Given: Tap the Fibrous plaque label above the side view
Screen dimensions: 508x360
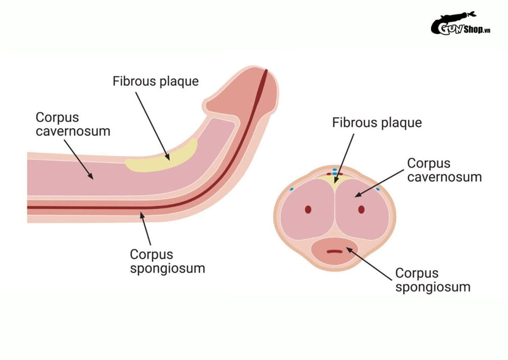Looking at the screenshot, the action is [x=156, y=82].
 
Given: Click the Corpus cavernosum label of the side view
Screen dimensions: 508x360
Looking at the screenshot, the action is [x=73, y=125].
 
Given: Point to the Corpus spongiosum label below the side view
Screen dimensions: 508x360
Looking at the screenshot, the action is [x=167, y=261].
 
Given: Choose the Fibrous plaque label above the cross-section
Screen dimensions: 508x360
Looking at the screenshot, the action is [x=377, y=123].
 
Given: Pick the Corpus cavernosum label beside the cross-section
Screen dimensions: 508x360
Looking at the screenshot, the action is [x=444, y=170].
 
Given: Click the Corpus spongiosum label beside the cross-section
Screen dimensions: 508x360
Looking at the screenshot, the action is [x=433, y=280].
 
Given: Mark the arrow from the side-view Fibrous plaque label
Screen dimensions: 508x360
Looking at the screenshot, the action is [x=153, y=126].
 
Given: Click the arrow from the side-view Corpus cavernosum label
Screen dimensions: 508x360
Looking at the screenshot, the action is [x=79, y=160].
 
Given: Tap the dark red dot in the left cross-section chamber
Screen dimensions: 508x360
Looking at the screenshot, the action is [x=308, y=210].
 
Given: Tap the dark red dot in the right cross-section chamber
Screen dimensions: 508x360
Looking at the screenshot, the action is [x=361, y=210].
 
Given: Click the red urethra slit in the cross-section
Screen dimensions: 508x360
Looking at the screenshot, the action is [x=334, y=251].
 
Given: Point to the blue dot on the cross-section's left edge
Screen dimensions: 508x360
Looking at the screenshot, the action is [x=292, y=189].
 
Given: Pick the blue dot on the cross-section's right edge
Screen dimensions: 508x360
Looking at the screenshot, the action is [x=378, y=189].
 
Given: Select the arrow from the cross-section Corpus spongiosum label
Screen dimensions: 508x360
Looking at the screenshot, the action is [x=369, y=264].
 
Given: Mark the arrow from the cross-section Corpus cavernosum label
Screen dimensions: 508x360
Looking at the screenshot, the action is [x=379, y=183].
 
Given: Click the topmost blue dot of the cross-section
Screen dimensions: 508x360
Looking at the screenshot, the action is [x=335, y=170].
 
